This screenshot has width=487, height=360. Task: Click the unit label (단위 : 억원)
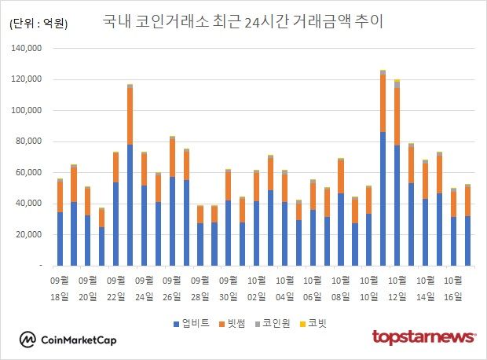pos(38,24)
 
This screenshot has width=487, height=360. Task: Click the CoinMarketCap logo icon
pos(27,340)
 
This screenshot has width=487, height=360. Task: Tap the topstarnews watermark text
pos(423,337)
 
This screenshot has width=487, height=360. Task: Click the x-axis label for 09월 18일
pos(60,288)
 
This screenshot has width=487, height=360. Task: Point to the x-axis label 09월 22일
pos(115,288)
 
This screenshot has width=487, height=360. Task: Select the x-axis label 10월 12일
pos(397,288)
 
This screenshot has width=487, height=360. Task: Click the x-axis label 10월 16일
pos(452,288)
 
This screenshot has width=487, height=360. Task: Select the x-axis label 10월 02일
pos(256,288)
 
